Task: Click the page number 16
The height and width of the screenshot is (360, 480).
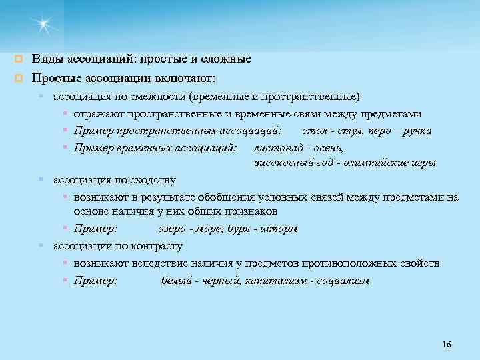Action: (446, 344)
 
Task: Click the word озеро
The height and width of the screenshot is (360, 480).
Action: (175, 229)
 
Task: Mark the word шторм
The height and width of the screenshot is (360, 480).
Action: (281, 229)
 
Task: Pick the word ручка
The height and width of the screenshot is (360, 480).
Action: (415, 131)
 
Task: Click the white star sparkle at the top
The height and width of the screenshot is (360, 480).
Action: (45, 25)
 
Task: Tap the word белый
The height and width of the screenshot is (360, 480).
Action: (177, 281)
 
